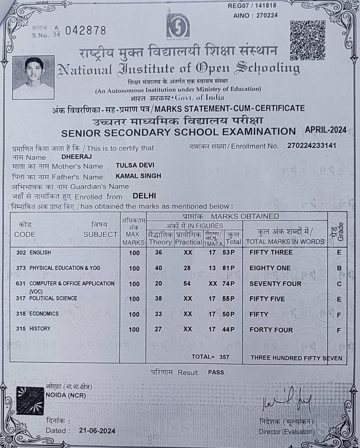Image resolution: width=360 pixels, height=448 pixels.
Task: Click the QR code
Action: [x=307, y=40]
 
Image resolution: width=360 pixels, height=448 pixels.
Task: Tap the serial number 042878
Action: [x=86, y=31]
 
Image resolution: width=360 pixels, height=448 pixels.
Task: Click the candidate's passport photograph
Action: [x=33, y=77]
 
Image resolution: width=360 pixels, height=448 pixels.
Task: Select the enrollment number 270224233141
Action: [x=311, y=146]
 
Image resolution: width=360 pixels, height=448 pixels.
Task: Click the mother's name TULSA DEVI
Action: [x=135, y=165]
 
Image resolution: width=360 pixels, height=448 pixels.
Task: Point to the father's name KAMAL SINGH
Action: [x=138, y=176]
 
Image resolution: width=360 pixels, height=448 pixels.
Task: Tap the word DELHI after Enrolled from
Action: [x=144, y=196]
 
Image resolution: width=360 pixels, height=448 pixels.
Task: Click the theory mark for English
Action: [x=159, y=253]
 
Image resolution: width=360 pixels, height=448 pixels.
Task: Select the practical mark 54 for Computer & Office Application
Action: [x=187, y=284]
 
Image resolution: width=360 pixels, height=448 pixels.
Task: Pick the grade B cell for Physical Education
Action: [x=339, y=268]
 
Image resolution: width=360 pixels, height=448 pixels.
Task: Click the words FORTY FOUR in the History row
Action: [x=271, y=330]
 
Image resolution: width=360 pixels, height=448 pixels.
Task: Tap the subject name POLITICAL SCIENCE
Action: [x=53, y=298]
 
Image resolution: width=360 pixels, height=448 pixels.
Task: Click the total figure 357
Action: [x=224, y=357]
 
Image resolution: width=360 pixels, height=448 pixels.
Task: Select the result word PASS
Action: [x=216, y=372]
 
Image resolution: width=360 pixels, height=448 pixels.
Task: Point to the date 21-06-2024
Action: [x=97, y=431]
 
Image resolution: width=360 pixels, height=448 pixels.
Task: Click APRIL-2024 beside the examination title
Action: [x=325, y=130]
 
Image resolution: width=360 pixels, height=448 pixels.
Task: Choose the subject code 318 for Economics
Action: [x=21, y=314]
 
